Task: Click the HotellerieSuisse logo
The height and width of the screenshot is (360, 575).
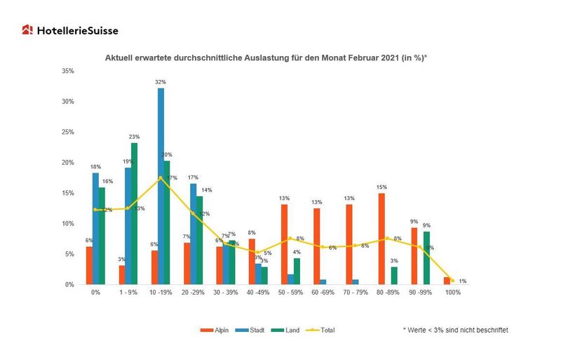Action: pyautogui.click(x=69, y=30)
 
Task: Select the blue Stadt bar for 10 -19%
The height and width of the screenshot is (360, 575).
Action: pyautogui.click(x=161, y=187)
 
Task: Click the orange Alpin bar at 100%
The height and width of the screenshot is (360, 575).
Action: pyautogui.click(x=447, y=281)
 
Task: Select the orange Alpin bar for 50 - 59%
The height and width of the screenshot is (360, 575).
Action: pyautogui.click(x=284, y=244)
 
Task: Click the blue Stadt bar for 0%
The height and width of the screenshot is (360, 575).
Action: pyautogui.click(x=95, y=229)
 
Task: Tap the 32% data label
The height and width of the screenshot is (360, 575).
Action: pyautogui.click(x=160, y=82)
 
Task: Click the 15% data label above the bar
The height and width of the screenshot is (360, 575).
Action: pyautogui.click(x=381, y=187)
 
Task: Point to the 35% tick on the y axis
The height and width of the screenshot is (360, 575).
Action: pyautogui.click(x=68, y=71)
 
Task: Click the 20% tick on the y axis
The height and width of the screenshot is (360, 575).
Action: pyautogui.click(x=68, y=162)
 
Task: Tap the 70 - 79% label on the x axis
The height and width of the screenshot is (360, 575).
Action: pyautogui.click(x=356, y=292)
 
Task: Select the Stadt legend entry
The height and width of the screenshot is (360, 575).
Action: pyautogui.click(x=254, y=329)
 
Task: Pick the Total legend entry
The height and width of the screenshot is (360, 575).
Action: pyautogui.click(x=322, y=329)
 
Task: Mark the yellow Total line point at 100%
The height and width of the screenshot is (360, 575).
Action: pyautogui.click(x=452, y=281)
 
